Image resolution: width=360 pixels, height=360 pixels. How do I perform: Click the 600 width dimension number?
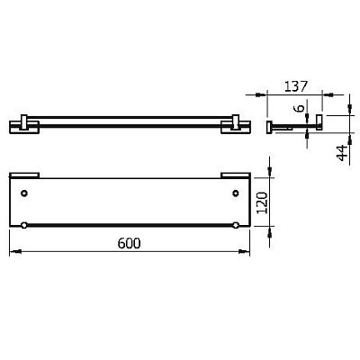point(129,243)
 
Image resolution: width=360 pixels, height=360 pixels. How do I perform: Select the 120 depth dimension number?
point(262,202)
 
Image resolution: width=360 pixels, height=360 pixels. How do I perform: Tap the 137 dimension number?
point(296,86)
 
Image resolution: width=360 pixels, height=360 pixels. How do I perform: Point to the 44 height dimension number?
point(342,153)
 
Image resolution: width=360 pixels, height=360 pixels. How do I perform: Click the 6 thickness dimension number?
point(299,108)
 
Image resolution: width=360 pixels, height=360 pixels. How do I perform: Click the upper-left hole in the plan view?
point(24,193)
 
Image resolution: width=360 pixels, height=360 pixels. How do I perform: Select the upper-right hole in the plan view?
point(236,193)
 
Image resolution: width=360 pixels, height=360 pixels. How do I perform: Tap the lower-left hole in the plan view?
point(24,225)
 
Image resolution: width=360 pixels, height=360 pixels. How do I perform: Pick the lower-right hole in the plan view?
point(236,225)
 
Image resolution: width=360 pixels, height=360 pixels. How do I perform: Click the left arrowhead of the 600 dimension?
point(15,252)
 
